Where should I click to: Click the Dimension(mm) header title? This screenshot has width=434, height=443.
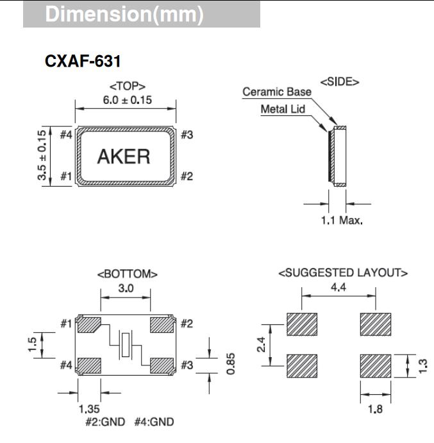[124, 15]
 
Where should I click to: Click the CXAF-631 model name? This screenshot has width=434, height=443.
[83, 62]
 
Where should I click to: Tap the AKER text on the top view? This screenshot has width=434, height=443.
[124, 156]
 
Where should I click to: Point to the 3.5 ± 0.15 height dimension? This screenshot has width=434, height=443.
[42, 156]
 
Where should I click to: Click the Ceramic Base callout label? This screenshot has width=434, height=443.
[276, 92]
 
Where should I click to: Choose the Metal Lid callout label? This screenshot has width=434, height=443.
[283, 109]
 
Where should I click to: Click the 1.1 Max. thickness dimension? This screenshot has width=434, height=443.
[342, 220]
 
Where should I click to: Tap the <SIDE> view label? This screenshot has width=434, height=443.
[339, 81]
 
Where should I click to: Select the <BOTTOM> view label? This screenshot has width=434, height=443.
[127, 274]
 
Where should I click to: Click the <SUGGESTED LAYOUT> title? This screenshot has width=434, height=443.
[343, 273]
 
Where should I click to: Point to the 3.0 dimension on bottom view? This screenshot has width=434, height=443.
[126, 288]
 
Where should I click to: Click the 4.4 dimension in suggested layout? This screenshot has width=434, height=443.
[338, 288]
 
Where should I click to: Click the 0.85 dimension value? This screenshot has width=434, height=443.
[231, 365]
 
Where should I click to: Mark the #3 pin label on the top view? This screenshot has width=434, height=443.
[187, 135]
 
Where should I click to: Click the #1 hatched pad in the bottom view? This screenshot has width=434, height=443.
[88, 324]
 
